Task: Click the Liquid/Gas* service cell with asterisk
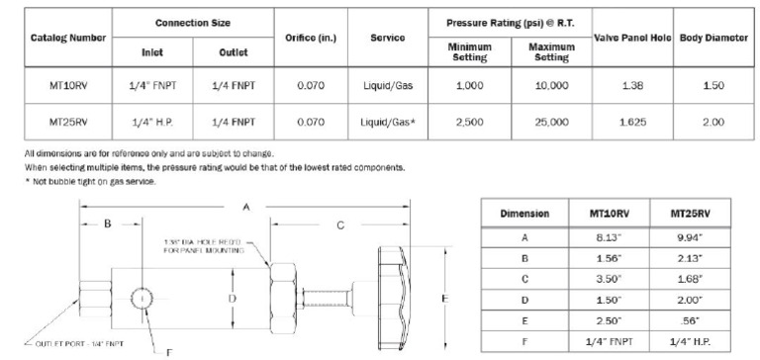pyautogui.click(x=387, y=122)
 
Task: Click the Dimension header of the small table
pyautogui.click(x=519, y=213)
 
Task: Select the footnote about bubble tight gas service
pyautogui.click(x=93, y=181)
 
